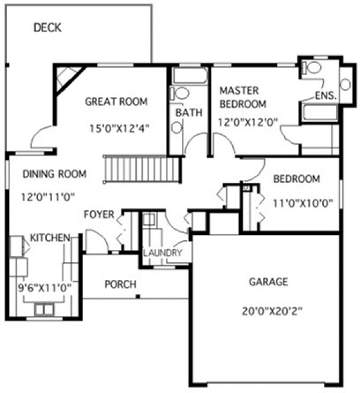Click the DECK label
[x=48, y=27]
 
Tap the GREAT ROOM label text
[x=116, y=101]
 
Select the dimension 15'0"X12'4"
[x=118, y=128]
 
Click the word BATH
[x=189, y=112]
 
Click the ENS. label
[x=326, y=95]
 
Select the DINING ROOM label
[x=54, y=174]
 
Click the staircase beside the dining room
[x=142, y=169]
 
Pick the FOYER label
[x=98, y=214]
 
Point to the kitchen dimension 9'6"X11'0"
[x=44, y=288]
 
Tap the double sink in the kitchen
[x=42, y=309]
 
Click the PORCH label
[x=120, y=284]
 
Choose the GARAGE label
[x=268, y=282]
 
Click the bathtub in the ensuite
[x=318, y=112]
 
